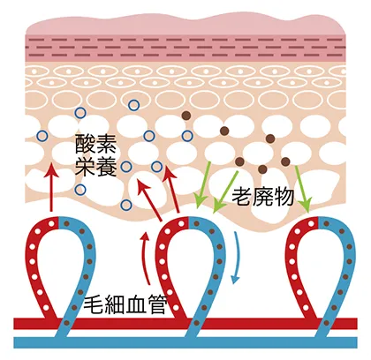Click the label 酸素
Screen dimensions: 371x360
point(96,144)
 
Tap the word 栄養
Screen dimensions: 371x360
point(96,166)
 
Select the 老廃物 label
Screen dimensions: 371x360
point(263,197)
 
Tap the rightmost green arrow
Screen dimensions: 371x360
point(302,189)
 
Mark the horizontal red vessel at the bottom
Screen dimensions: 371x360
point(185,324)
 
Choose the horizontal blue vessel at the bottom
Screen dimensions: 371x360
point(185,342)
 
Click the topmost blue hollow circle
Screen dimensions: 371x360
point(134,105)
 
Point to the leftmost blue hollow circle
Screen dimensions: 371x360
point(42,136)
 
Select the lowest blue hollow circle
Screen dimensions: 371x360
point(126,205)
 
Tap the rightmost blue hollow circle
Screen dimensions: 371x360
point(187,136)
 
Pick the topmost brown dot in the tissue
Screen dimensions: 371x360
point(186,116)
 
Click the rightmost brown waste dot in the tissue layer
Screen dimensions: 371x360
point(285,161)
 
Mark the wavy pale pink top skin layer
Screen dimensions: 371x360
point(185,26)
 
